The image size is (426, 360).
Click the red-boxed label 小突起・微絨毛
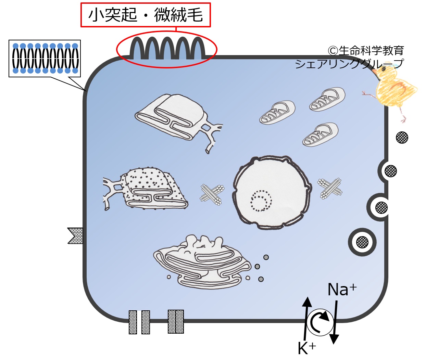click(x=146, y=15)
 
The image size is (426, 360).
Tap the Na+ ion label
click(x=342, y=290)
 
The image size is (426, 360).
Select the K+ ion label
click(x=307, y=348)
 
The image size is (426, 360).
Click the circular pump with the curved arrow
click(x=320, y=322)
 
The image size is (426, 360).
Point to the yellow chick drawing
click(x=391, y=91)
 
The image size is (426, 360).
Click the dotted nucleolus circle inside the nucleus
click(x=261, y=201)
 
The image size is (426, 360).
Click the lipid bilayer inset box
click(x=45, y=59)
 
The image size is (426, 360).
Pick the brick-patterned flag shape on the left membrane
click(x=75, y=236)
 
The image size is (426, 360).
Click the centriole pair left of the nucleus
click(x=212, y=195)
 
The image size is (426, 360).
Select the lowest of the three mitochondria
click(x=320, y=135)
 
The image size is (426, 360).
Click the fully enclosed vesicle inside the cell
click(x=362, y=242)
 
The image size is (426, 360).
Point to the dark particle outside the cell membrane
click(x=402, y=137)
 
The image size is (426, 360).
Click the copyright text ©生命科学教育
click(x=366, y=51)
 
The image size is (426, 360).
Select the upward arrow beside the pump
click(x=306, y=319)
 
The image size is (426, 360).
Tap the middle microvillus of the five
click(x=167, y=48)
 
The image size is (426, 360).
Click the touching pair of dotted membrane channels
click(x=176, y=321)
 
